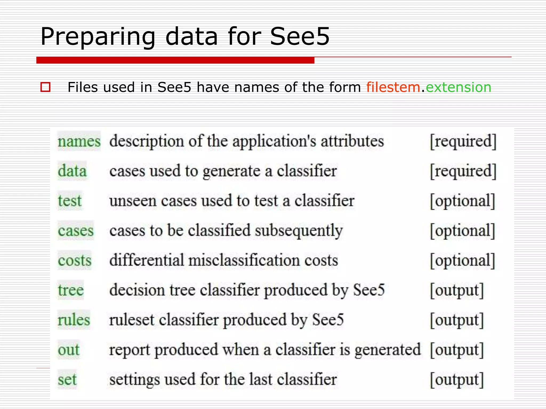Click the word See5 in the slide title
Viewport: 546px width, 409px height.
(300, 36)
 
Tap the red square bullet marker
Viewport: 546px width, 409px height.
(45, 87)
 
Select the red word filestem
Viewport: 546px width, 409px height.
(393, 87)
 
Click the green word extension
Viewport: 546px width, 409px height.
(459, 87)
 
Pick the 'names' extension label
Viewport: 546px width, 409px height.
(79, 141)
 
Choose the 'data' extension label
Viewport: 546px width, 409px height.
(72, 171)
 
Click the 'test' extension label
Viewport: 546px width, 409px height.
(70, 201)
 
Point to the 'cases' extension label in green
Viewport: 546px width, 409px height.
(76, 231)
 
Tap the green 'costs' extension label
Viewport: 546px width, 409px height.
(75, 260)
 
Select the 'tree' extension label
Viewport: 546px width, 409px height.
(71, 290)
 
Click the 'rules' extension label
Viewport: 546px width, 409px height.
(74, 320)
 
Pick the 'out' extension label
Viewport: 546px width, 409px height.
(69, 350)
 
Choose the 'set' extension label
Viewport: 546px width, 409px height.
(67, 380)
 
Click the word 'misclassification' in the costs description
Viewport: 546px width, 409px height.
(244, 260)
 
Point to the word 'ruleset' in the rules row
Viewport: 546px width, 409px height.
(132, 320)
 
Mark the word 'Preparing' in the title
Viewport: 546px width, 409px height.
(98, 36)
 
